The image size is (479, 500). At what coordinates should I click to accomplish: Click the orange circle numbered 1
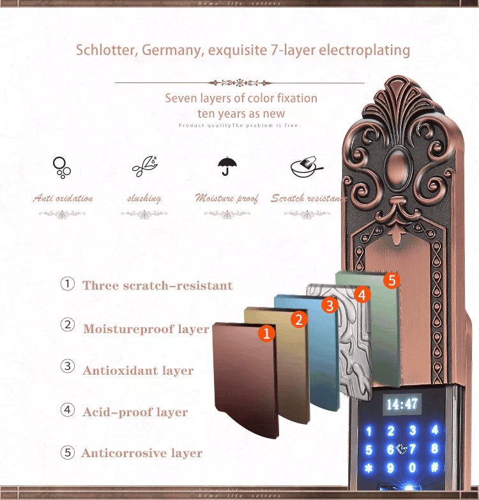(267, 332)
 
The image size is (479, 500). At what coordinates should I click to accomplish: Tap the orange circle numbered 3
(330, 306)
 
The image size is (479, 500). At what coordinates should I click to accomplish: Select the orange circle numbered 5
(392, 280)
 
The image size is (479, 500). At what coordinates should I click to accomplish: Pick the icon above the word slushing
(144, 166)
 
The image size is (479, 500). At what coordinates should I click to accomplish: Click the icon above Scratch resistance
(305, 167)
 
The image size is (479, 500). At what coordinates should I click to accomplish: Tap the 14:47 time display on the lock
(402, 404)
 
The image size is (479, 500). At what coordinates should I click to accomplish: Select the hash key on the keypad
(435, 468)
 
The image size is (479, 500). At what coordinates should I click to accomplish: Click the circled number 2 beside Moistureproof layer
(68, 325)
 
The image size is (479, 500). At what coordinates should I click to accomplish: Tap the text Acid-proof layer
(135, 412)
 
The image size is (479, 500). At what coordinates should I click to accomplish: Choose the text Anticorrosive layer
(142, 453)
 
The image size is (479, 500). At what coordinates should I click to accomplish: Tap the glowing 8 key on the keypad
(435, 449)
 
